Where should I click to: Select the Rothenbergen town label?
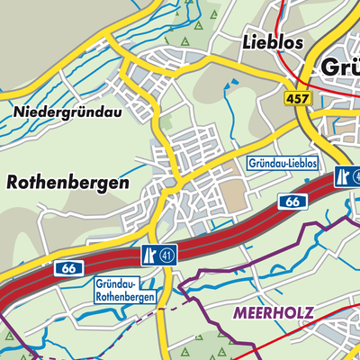pyautogui.click(x=67, y=182)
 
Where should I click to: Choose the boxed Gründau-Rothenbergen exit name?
pyautogui.click(x=125, y=290)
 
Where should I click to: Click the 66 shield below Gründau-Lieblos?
pyautogui.click(x=292, y=203)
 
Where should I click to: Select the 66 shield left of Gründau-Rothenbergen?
pyautogui.click(x=66, y=268)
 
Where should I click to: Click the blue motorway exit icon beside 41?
pyautogui.click(x=148, y=256)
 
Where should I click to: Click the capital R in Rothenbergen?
pyautogui.click(x=13, y=182)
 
